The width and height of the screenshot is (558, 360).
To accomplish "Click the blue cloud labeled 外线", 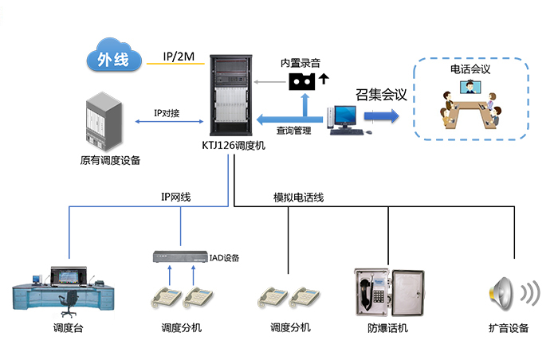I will click(112, 58).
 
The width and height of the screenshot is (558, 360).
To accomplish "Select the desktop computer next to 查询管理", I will click(344, 119).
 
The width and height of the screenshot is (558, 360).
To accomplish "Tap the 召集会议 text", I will click(381, 95).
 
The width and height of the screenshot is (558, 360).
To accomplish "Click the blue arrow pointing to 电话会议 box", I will click(381, 116).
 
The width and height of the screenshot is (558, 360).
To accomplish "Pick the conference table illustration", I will click(470, 112).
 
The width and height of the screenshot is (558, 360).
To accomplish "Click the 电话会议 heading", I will click(470, 69).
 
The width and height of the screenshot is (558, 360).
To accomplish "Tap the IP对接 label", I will click(167, 113).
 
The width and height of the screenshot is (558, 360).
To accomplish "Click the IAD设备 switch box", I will click(179, 257).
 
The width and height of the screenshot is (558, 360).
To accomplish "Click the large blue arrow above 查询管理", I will click(287, 118).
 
